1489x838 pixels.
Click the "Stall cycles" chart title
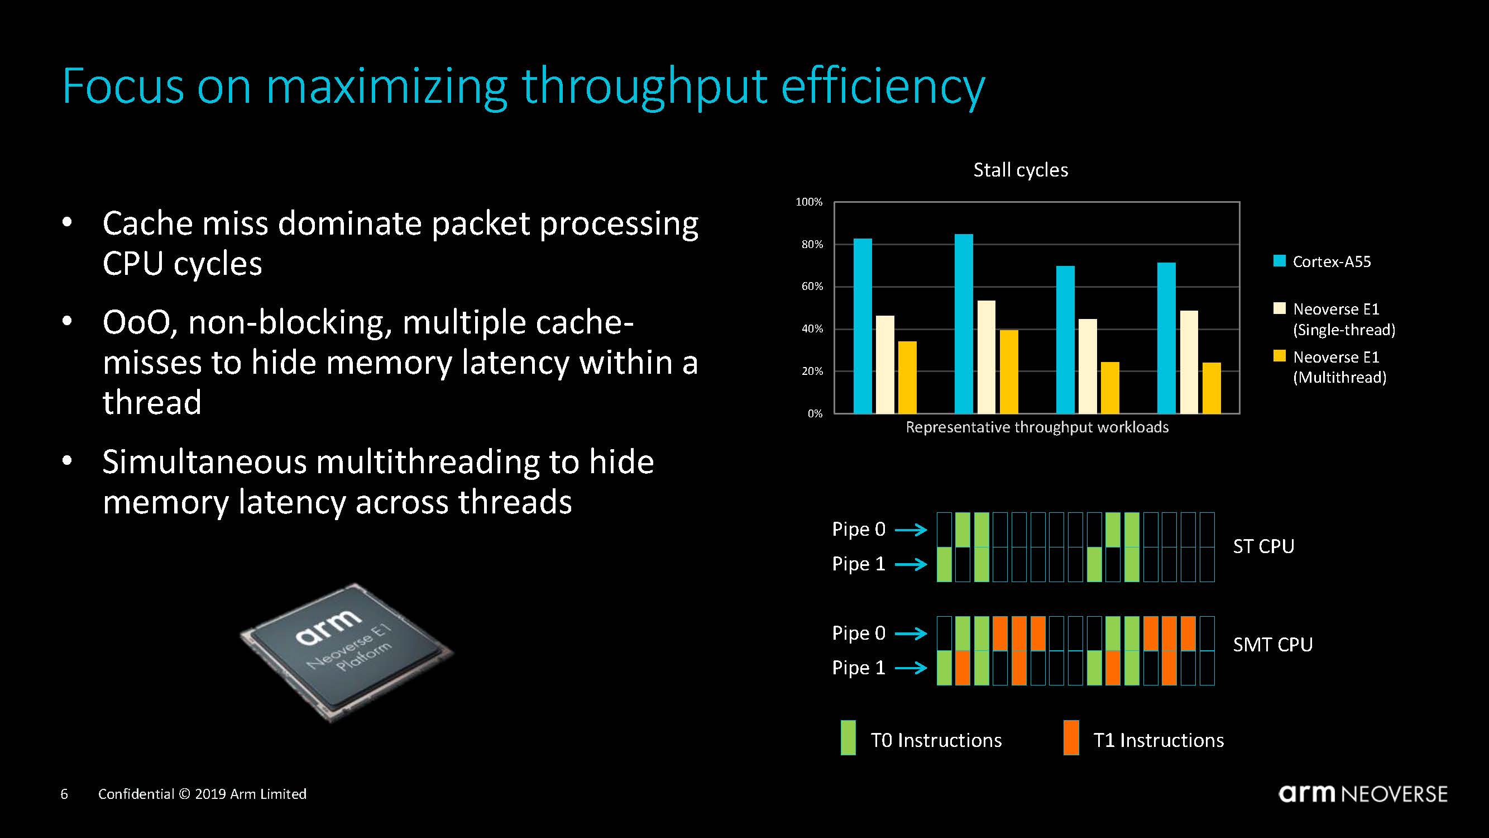click(x=1021, y=170)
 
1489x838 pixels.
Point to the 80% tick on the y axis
click(x=812, y=245)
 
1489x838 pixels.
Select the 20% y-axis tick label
click(x=812, y=372)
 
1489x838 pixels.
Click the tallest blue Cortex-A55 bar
click(x=964, y=324)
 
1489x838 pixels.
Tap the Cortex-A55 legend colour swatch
click(x=1279, y=261)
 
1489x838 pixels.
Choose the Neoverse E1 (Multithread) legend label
click(x=1339, y=367)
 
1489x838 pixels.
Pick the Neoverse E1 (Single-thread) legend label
click(x=1344, y=319)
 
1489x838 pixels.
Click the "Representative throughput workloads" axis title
click(x=1037, y=427)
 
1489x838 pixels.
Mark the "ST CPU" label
click(x=1263, y=546)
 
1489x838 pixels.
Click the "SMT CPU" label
click(x=1273, y=645)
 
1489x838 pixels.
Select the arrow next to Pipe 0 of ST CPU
click(x=912, y=530)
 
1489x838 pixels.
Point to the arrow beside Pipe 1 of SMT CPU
click(x=912, y=669)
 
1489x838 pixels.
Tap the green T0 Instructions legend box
click(x=848, y=737)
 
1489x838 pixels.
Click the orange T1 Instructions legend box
click(x=1071, y=737)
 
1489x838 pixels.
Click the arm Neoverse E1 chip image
click(x=347, y=653)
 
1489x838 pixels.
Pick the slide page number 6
click(x=64, y=794)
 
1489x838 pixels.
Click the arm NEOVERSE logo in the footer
click(x=1363, y=793)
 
